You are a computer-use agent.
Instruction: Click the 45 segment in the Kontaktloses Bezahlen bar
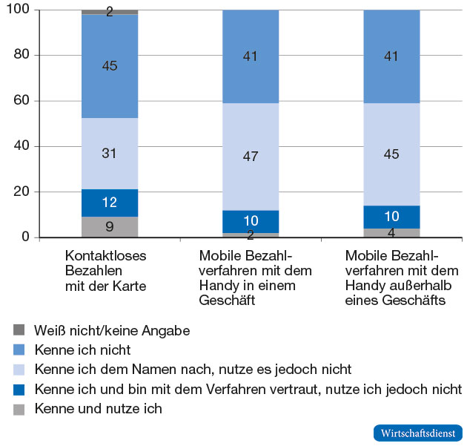tap(110, 66)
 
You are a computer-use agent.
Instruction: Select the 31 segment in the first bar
tap(110, 154)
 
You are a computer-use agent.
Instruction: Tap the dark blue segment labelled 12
tap(110, 203)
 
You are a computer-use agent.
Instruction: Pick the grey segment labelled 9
tap(110, 227)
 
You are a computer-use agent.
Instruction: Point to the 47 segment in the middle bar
tap(251, 157)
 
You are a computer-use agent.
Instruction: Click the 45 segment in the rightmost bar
tap(391, 154)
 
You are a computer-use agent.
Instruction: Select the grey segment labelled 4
tap(391, 233)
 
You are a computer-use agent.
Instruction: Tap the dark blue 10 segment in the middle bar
tap(251, 221)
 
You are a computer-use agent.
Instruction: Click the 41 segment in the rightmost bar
tap(391, 56)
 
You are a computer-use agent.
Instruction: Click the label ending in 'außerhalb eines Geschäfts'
tap(402, 277)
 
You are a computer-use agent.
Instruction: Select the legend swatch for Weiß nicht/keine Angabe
tap(19, 329)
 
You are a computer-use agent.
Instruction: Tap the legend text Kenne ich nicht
tap(83, 350)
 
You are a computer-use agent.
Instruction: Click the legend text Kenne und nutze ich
tap(99, 408)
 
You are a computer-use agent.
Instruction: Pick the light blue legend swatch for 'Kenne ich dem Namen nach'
tap(19, 369)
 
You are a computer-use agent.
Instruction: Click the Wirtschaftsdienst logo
tap(417, 433)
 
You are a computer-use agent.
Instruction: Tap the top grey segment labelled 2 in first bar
tap(110, 12)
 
